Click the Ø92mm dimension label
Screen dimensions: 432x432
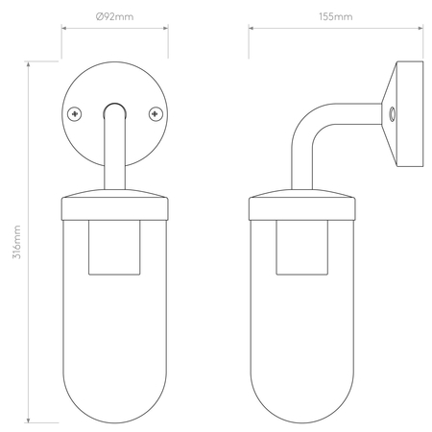click(114, 16)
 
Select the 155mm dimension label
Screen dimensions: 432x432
click(336, 16)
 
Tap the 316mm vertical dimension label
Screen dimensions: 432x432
click(16, 242)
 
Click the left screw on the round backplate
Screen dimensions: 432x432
click(75, 114)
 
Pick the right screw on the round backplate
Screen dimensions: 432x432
click(156, 114)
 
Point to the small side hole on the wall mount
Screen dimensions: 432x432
click(392, 113)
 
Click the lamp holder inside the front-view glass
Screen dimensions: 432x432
click(114, 248)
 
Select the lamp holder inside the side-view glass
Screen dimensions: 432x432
click(301, 248)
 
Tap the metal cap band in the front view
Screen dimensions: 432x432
click(114, 208)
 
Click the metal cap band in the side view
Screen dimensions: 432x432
click(301, 208)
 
